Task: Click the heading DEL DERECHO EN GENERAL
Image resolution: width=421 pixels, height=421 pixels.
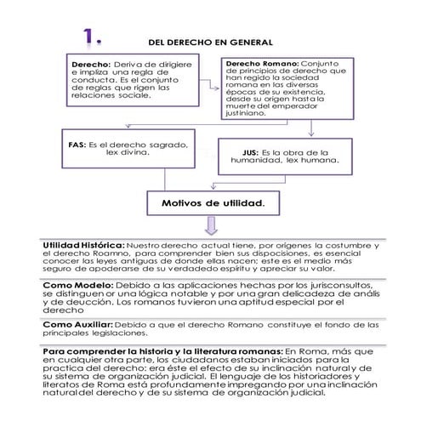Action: [210, 41]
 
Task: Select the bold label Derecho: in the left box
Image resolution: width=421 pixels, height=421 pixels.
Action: [91, 64]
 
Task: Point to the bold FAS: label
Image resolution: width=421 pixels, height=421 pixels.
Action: [77, 146]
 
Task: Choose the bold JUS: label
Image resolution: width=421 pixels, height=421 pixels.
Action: [242, 152]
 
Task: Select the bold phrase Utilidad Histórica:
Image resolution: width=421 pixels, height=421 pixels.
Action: [84, 246]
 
